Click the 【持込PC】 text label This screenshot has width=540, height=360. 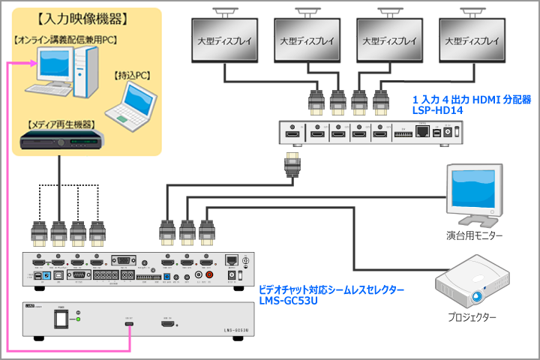133,75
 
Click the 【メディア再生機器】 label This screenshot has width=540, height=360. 62,124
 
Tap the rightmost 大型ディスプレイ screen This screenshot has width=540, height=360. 472,40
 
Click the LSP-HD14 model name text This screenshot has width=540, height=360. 436,109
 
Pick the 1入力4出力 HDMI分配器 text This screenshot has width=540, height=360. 472,98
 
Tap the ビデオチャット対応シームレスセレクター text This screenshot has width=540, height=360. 331,289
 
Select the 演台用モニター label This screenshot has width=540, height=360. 474,236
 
